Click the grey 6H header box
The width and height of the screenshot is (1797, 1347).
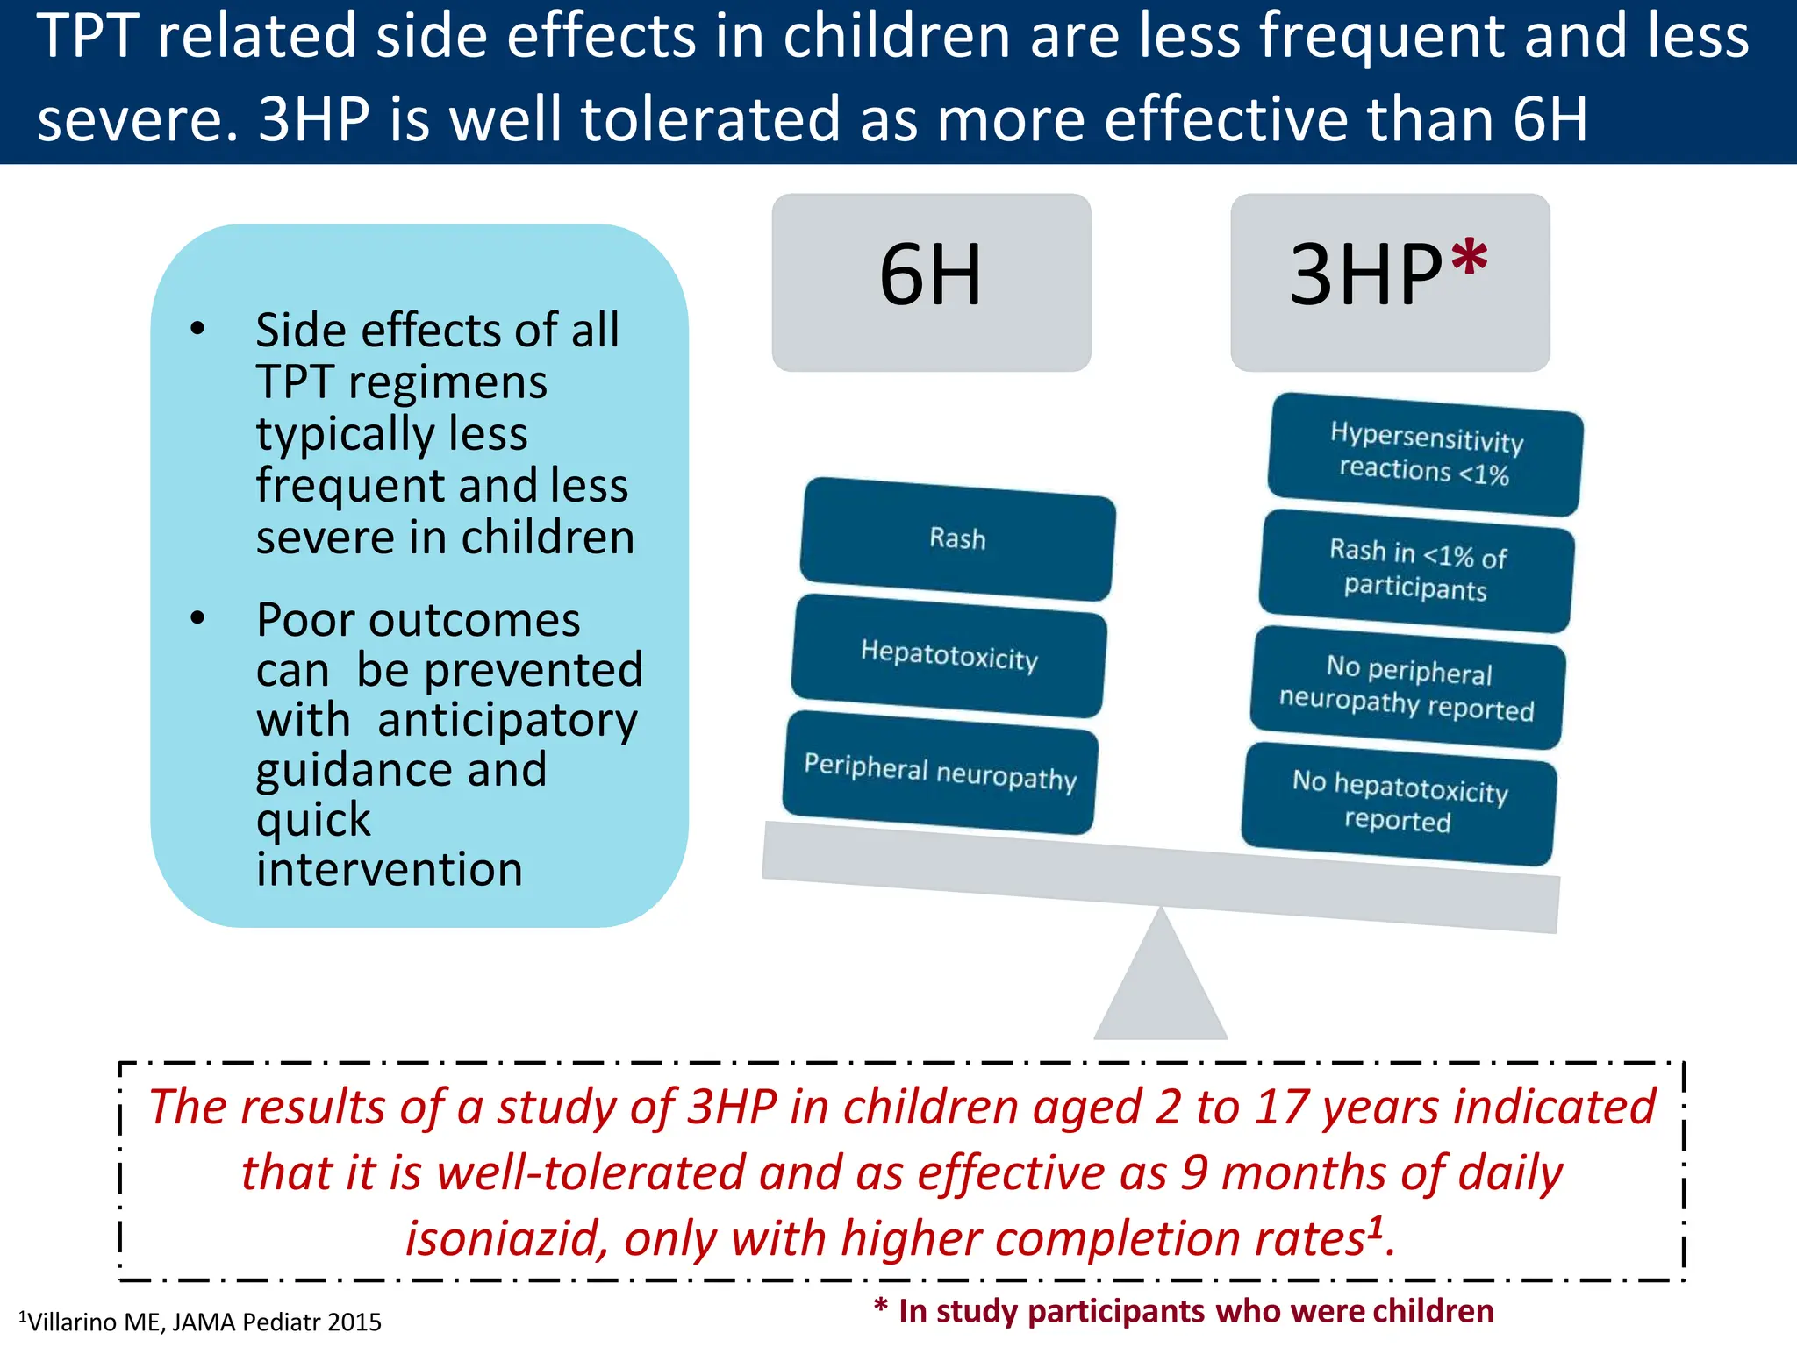pos(931,282)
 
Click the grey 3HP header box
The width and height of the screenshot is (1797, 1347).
pos(1389,282)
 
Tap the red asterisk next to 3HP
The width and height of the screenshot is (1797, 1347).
pos(1469,260)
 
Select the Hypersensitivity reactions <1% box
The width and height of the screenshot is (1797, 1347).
pos(1425,454)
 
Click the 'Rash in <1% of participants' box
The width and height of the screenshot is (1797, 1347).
pos(1416,570)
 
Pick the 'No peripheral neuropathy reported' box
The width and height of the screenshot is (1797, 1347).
pos(1407,688)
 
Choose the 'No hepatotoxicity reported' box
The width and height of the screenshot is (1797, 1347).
pos(1399,803)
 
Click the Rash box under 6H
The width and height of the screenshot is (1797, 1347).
pos(957,538)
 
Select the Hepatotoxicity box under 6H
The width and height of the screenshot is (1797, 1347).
pos(949,655)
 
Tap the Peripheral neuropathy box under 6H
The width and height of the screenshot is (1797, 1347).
pos(940,772)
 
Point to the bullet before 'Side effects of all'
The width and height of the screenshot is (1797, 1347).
pos(197,330)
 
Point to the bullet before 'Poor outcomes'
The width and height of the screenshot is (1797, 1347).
pos(197,619)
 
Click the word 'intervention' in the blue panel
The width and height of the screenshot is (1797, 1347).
pos(389,869)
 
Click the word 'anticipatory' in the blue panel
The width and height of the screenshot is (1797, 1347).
pos(507,721)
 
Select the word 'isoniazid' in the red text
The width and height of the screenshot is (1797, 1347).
pos(505,1238)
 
